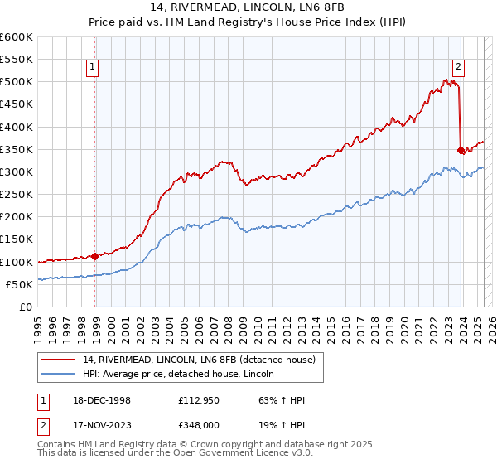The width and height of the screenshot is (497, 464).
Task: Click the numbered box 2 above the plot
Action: click(x=458, y=69)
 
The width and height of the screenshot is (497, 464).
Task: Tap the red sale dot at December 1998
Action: click(x=95, y=256)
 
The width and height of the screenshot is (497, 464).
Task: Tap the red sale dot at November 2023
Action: click(x=461, y=150)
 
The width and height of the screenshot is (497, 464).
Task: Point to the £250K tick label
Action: click(x=17, y=194)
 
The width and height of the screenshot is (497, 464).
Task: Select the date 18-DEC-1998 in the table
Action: click(x=102, y=400)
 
